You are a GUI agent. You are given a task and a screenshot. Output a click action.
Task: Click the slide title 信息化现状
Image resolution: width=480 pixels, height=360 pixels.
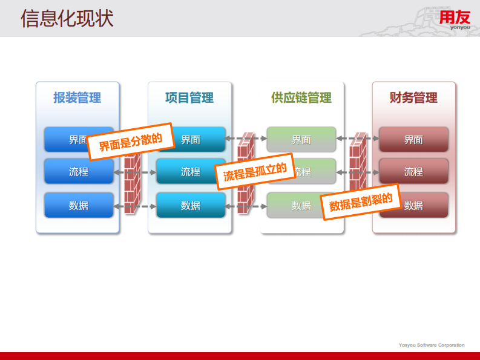click(x=67, y=18)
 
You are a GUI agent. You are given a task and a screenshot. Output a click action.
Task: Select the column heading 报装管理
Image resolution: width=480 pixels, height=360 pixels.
click(x=77, y=97)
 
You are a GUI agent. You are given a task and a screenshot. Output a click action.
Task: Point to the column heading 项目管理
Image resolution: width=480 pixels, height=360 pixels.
click(x=189, y=97)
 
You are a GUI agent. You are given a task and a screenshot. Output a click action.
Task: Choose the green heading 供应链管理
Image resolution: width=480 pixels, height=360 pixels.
click(x=301, y=97)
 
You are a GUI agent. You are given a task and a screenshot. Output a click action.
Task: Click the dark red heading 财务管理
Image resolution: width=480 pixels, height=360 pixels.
click(x=413, y=97)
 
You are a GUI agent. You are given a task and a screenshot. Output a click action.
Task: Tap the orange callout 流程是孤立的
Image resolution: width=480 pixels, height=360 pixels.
click(x=254, y=171)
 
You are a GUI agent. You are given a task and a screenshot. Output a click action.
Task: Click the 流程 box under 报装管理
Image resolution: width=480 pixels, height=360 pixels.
click(x=79, y=172)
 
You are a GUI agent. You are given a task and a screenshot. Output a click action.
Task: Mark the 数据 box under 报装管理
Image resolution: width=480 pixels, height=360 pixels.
click(x=79, y=205)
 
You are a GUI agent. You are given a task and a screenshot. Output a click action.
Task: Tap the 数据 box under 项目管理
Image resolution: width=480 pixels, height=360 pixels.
click(x=191, y=205)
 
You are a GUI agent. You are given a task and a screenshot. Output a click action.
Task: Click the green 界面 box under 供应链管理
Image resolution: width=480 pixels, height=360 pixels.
click(x=301, y=139)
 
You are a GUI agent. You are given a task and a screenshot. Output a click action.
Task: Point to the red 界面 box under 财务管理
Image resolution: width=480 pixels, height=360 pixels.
click(x=413, y=139)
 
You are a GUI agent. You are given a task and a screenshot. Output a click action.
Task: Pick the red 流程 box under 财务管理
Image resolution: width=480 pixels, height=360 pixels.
click(x=413, y=172)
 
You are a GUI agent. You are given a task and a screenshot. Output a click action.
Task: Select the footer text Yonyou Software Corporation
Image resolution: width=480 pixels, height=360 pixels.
click(x=432, y=345)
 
